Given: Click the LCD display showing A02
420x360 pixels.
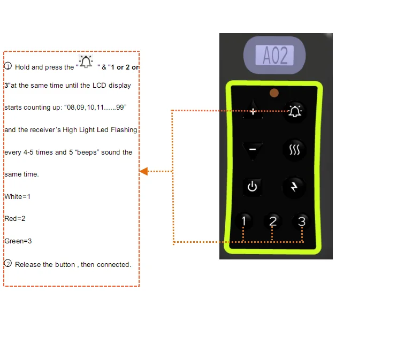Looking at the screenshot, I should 275,55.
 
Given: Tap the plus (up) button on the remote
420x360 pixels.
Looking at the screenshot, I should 253,111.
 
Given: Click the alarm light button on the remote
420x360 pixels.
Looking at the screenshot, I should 294,111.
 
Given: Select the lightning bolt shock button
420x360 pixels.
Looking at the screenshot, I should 294,186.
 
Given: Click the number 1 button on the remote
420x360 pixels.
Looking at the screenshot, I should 244,221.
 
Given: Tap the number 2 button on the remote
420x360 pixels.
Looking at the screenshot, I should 273,221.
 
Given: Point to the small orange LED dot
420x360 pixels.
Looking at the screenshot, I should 274,93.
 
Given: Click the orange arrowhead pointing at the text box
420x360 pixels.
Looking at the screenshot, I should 143,171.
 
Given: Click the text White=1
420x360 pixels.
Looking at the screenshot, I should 17,196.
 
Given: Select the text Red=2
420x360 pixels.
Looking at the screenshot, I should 15,219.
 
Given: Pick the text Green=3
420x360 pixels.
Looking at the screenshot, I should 18,241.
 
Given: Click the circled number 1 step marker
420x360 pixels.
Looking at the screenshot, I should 8,66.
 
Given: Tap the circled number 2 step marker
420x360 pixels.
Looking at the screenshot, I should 8,264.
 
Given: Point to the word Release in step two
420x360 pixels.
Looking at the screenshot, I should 28,265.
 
